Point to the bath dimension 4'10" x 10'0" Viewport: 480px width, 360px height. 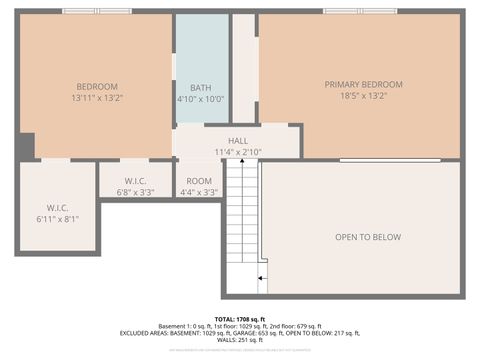pos(201,99)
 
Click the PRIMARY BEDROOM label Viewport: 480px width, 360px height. pos(363,84)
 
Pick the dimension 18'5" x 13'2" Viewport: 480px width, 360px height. pos(363,97)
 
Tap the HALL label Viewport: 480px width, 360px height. pos(239,141)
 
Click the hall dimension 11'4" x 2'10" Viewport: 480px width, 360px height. pos(239,153)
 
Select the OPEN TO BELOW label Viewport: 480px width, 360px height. pos(367,237)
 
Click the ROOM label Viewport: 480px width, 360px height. pos(198,179)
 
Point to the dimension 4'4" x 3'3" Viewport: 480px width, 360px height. pos(198,191)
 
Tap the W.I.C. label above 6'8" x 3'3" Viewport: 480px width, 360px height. pos(135,179)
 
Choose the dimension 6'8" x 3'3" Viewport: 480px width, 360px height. pos(135,191)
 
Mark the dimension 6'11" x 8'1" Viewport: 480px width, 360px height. pos(57,218)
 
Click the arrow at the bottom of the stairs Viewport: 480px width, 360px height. pos(261,277)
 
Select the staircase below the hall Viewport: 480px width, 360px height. pos(241,220)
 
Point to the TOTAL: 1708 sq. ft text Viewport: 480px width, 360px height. pos(239,318)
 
